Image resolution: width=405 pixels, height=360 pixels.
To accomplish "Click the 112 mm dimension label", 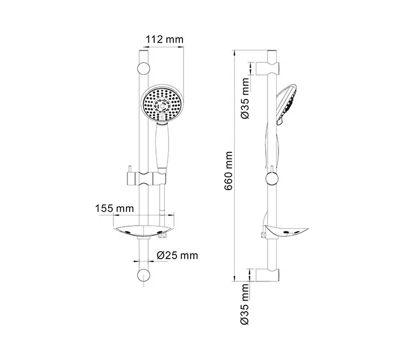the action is click(164, 40).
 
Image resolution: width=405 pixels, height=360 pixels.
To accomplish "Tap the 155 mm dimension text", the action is click(115, 208).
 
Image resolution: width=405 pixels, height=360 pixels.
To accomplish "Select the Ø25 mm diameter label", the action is click(178, 256).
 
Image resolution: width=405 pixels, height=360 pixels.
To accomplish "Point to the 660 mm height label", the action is click(229, 171).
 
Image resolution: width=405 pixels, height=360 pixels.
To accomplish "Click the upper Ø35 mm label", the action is click(245, 98).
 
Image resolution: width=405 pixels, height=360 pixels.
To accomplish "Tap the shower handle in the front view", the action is click(162, 147).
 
